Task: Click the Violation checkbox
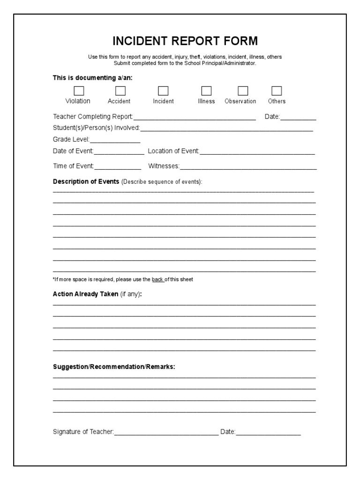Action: pyautogui.click(x=79, y=90)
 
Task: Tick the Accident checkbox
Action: pyautogui.click(x=120, y=90)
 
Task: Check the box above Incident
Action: pyautogui.click(x=163, y=90)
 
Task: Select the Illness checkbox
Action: pyautogui.click(x=206, y=90)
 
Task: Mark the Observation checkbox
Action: pyautogui.click(x=243, y=90)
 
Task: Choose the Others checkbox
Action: pyautogui.click(x=277, y=90)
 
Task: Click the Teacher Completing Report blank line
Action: pyautogui.click(x=195, y=118)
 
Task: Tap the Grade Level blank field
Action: pyautogui.click(x=115, y=140)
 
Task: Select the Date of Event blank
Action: pyautogui.click(x=120, y=152)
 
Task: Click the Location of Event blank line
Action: pyautogui.click(x=257, y=152)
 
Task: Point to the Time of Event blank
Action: pyautogui.click(x=118, y=166)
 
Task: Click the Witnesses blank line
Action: pyautogui.click(x=248, y=166)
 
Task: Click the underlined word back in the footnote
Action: pyautogui.click(x=157, y=280)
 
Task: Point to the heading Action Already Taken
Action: pyautogui.click(x=86, y=294)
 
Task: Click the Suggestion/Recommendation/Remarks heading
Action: pyautogui.click(x=114, y=367)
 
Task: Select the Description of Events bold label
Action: pyautogui.click(x=86, y=182)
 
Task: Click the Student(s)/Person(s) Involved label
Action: pyautogui.click(x=96, y=128)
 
